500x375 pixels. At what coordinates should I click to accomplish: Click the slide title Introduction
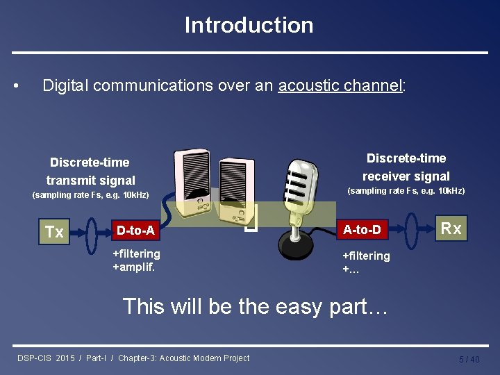249,25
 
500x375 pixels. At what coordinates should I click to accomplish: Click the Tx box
53,232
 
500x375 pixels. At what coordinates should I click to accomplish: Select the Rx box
451,228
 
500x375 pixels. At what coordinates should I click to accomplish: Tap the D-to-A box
135,230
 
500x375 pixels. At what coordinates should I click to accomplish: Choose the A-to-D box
362,229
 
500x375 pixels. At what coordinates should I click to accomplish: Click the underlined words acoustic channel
340,85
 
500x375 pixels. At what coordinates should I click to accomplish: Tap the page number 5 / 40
469,359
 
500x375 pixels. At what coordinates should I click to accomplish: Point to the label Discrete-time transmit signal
90,172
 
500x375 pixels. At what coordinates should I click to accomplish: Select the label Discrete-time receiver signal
406,167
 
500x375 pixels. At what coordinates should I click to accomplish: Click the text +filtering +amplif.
136,260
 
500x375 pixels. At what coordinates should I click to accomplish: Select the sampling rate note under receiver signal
406,191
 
